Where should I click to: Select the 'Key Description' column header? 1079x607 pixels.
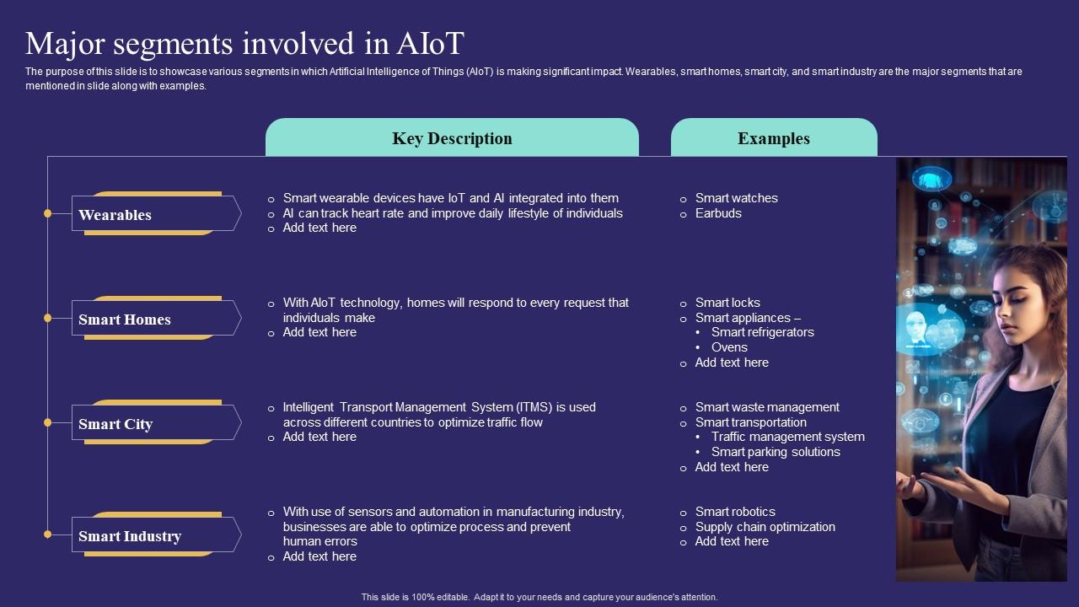[452, 138]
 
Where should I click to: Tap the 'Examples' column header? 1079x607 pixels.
[773, 138]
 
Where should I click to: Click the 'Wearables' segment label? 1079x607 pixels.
[115, 215]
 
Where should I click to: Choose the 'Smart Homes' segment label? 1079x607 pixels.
[125, 320]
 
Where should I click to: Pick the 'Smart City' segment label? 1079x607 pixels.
[115, 424]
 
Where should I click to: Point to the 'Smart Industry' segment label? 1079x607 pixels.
[130, 536]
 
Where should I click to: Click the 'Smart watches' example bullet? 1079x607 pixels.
[736, 198]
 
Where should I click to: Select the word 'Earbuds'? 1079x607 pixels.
[718, 213]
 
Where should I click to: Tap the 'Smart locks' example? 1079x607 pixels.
[727, 303]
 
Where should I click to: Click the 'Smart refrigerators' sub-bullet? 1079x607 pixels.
[762, 332]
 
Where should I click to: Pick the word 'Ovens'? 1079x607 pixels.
[729, 347]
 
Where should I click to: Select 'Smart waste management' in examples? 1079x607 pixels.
[767, 407]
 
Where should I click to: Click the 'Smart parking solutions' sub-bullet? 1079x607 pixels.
[776, 452]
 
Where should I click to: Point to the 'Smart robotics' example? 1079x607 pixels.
[735, 512]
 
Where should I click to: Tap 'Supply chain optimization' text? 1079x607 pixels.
[765, 527]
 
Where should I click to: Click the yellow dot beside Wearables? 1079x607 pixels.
[48, 214]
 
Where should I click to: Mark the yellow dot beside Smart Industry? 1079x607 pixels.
[48, 534]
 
